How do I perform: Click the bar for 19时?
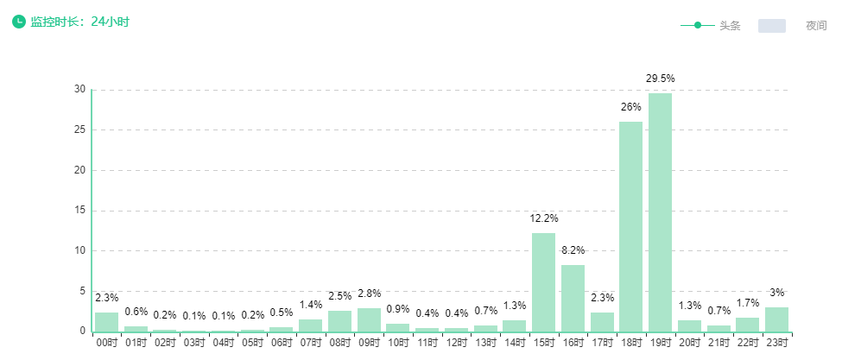pos(660,212)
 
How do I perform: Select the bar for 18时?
pos(630,226)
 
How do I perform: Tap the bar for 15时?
pos(543,282)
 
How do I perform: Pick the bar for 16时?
pos(573,298)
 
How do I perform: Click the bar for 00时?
pos(107,322)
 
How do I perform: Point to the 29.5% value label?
pos(660,79)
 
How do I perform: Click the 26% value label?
pos(630,107)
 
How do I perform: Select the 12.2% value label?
pos(543,218)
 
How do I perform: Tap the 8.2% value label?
pos(573,250)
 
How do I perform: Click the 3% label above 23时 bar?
pos(776,293)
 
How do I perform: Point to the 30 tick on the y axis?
pos(80,89)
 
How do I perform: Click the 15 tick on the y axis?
pos(80,211)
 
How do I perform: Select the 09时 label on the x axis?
pos(369,343)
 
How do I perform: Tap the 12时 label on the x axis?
pos(456,343)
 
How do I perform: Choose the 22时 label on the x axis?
pos(747,343)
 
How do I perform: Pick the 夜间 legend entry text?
pos(816,26)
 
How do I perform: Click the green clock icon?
pos(19,21)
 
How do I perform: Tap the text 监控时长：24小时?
pos(79,22)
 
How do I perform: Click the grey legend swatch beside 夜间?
pos(771,26)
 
